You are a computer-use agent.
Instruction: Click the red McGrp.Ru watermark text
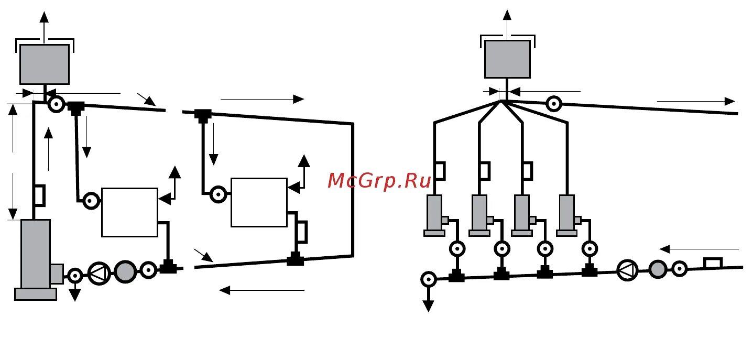click(379, 181)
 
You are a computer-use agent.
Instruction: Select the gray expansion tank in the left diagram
click(45, 64)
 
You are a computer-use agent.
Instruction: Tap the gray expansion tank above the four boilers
click(507, 59)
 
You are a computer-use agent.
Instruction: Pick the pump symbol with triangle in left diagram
click(99, 272)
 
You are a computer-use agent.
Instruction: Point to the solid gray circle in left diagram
click(125, 271)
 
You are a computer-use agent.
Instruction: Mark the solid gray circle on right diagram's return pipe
click(658, 269)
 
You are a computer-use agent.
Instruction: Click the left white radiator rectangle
click(129, 212)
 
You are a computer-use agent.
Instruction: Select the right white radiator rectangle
click(259, 202)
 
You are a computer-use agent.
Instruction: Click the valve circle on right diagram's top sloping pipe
click(554, 104)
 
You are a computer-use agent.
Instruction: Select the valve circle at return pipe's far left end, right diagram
click(429, 279)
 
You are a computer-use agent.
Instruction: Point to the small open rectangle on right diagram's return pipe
click(713, 263)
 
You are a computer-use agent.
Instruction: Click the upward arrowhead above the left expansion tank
click(45, 15)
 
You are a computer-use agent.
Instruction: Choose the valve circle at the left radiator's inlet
click(91, 201)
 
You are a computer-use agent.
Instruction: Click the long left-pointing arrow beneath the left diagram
click(261, 290)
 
